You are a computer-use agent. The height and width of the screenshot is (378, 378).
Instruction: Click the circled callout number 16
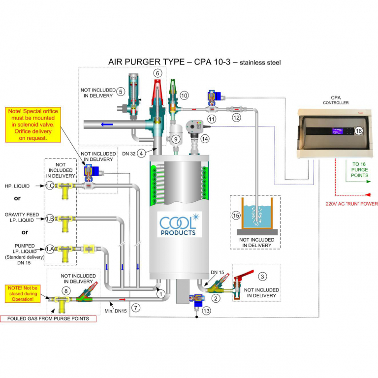click(x=358, y=131)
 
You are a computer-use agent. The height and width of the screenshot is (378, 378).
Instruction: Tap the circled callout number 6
click(x=157, y=73)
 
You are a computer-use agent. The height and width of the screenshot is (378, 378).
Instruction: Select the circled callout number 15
click(x=237, y=215)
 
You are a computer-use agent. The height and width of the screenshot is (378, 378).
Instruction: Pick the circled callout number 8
click(x=66, y=290)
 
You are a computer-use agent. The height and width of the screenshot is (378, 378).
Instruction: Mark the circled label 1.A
click(x=49, y=249)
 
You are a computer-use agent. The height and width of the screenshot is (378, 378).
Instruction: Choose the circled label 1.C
click(x=49, y=186)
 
